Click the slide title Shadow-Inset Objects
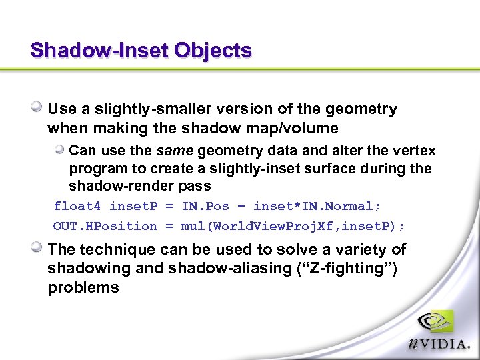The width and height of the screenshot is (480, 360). coord(141,51)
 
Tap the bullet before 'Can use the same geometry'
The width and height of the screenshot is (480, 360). coord(60,150)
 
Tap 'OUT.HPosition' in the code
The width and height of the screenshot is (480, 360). coord(105,226)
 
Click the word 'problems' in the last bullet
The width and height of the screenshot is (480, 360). coord(83,288)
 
